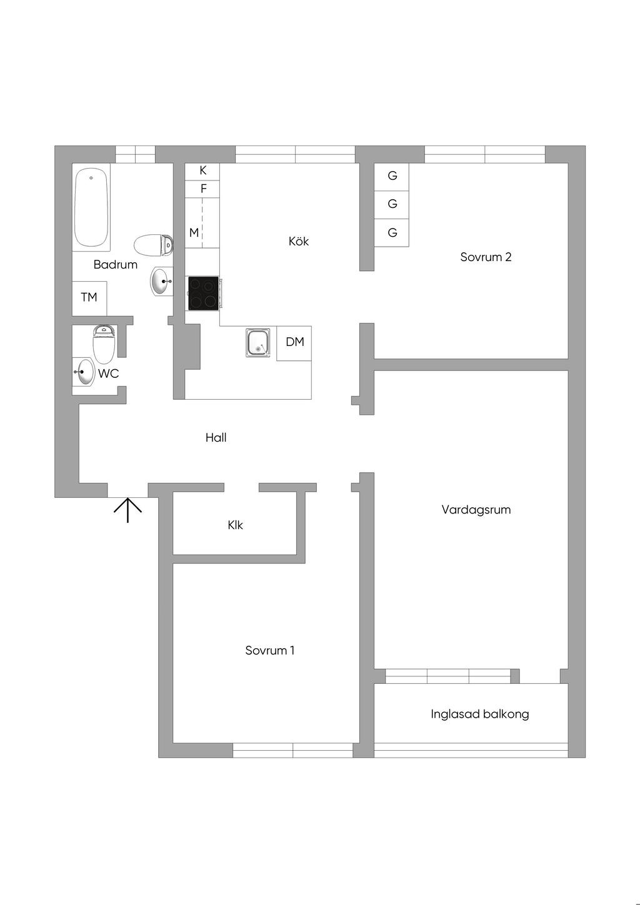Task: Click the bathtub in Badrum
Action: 91,208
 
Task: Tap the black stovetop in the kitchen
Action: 203,293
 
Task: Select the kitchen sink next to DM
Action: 257,342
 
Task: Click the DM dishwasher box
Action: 294,342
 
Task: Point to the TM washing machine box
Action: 89,298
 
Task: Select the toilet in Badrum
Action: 152,245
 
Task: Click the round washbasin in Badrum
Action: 161,281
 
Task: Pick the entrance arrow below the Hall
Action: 127,509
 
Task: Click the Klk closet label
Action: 235,525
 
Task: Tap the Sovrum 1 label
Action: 269,651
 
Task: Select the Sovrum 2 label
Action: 486,257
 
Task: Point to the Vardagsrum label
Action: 476,510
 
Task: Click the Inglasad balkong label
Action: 479,714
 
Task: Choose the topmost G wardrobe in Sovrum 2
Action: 392,176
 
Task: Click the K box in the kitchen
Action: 202,171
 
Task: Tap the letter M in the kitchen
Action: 194,233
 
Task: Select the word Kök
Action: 299,241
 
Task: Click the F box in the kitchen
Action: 202,189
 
